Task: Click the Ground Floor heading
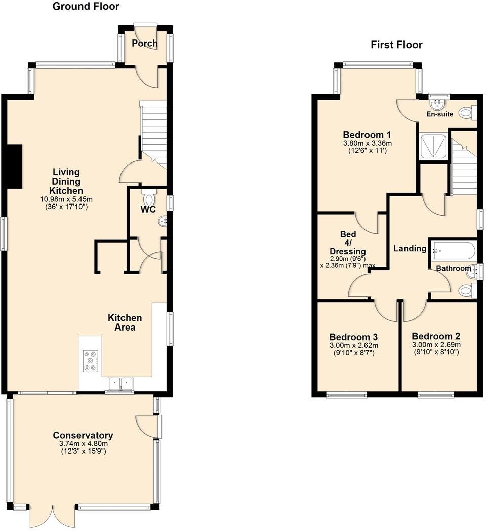[x=86, y=7]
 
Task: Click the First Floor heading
[x=396, y=45]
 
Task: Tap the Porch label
[x=144, y=44]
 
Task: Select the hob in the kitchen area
[x=91, y=361]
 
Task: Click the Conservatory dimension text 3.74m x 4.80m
[x=83, y=444]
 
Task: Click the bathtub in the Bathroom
[x=453, y=251]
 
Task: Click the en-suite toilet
[x=466, y=113]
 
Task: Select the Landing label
[x=410, y=249]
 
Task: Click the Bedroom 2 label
[x=436, y=336]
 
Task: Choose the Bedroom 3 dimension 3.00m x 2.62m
[x=353, y=346]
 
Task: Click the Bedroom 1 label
[x=367, y=135]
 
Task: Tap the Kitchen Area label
[x=125, y=322]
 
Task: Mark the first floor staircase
[x=464, y=170]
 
